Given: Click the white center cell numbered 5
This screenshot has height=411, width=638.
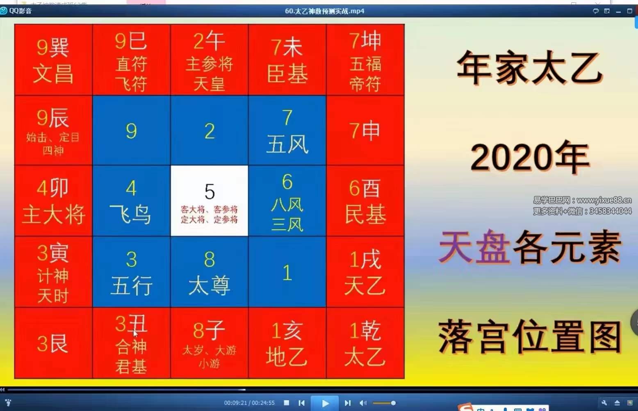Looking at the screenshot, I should click(209, 201).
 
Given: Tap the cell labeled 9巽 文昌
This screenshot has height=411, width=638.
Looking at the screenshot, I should click(53, 60).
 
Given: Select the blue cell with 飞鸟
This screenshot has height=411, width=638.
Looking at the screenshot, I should click(131, 201).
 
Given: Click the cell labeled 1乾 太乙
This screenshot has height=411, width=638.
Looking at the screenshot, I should click(365, 343).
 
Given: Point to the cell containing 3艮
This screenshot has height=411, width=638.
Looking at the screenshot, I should click(53, 343).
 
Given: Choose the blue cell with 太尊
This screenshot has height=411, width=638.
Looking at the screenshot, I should click(209, 272).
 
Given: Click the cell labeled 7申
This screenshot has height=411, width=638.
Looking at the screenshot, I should click(365, 130).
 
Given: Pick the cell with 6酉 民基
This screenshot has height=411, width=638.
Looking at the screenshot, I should click(365, 201).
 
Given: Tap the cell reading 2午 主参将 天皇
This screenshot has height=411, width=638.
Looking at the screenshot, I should click(209, 60).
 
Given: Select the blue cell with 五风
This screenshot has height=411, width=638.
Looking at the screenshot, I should click(287, 130).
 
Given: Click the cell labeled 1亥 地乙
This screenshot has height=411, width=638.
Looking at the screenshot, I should click(287, 343).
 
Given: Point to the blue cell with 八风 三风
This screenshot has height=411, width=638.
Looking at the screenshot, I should click(287, 201).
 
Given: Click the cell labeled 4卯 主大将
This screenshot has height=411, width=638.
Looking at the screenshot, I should click(53, 201).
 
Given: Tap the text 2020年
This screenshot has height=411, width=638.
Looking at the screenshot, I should click(529, 157).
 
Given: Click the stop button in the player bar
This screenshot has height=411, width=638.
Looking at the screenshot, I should click(287, 403).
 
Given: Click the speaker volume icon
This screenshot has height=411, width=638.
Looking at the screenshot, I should click(363, 403).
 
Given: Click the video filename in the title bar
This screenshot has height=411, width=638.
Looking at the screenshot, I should click(324, 11).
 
